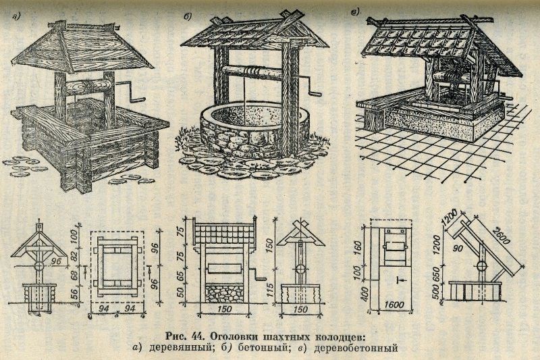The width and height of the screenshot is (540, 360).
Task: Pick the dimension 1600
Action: click(394, 305)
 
